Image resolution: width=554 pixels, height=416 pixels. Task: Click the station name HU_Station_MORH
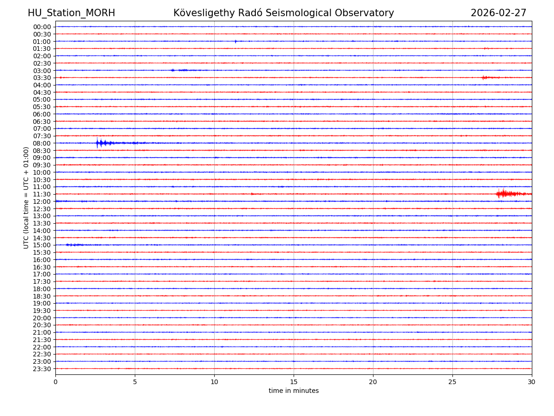(71, 13)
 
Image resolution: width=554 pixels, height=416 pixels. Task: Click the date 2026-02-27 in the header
(498, 13)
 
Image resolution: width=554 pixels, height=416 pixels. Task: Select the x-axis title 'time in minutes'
(294, 391)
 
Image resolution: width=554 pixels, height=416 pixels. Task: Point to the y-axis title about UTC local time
(26, 197)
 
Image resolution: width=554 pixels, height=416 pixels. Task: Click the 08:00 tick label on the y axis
(42, 143)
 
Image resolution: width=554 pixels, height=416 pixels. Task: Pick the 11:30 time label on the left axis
(42, 194)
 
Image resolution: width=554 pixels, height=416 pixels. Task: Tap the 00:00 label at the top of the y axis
(42, 27)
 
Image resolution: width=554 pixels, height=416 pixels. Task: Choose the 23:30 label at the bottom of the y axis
(42, 369)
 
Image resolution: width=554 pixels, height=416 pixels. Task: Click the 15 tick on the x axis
(294, 382)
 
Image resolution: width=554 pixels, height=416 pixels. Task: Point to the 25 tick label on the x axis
(452, 382)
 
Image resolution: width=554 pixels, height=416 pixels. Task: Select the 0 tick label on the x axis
(55, 382)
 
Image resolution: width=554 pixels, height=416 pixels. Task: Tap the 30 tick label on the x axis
(532, 382)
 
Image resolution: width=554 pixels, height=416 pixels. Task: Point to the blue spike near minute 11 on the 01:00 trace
(235, 42)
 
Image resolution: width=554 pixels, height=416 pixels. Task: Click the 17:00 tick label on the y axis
(42, 274)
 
